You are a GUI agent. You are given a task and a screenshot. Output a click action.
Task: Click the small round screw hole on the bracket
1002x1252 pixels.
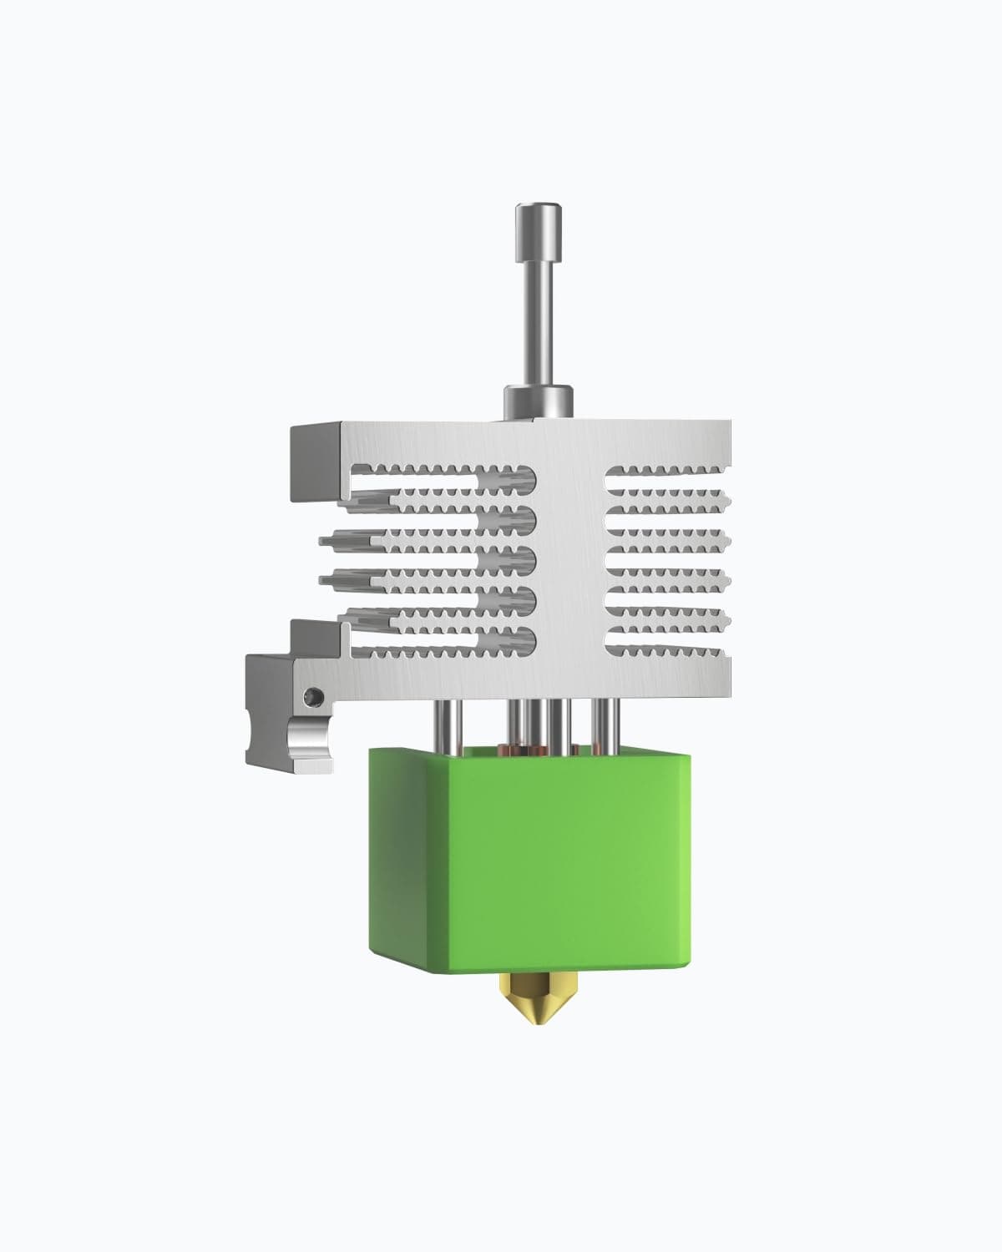tap(311, 694)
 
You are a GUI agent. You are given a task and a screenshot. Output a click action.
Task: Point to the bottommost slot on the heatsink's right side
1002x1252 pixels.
tap(668, 641)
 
